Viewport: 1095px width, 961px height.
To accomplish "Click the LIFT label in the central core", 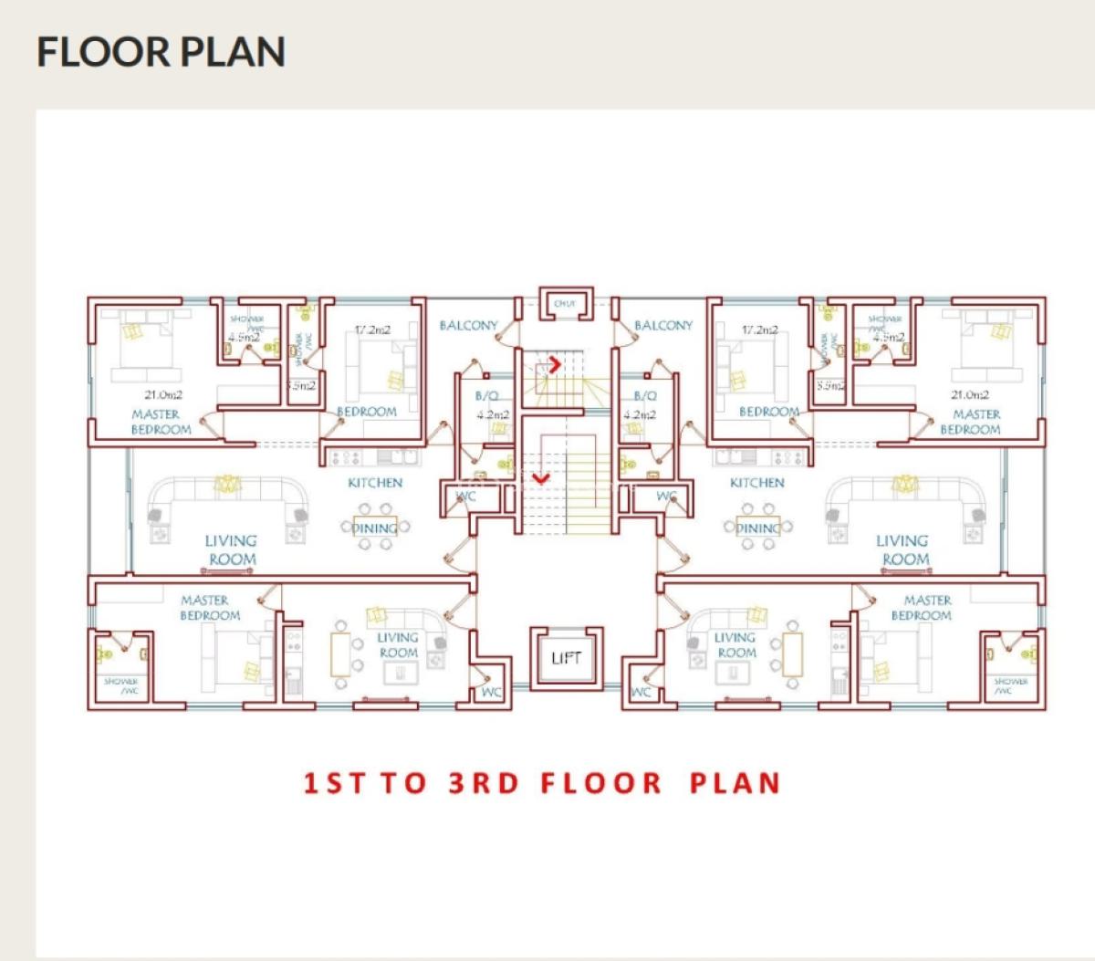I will point(566,658).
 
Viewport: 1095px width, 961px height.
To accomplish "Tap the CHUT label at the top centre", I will point(565,304).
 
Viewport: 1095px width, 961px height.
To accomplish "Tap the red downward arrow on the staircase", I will point(541,476).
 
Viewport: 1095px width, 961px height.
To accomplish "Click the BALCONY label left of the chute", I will point(469,326).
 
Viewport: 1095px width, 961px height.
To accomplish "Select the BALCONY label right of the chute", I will point(663,326).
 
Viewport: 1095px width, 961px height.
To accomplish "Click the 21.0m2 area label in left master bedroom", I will point(163,395).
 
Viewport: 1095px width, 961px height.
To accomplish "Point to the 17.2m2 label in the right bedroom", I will point(760,329).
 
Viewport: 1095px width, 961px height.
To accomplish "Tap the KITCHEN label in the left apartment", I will point(374,483).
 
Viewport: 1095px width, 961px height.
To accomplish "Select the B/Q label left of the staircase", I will point(486,397).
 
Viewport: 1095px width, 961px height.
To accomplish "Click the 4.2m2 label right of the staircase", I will point(640,414).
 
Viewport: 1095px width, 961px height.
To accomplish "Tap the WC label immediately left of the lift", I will point(492,693).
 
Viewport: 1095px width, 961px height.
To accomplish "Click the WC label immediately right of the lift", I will point(641,693).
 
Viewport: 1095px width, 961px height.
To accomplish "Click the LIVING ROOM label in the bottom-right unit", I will point(735,645).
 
